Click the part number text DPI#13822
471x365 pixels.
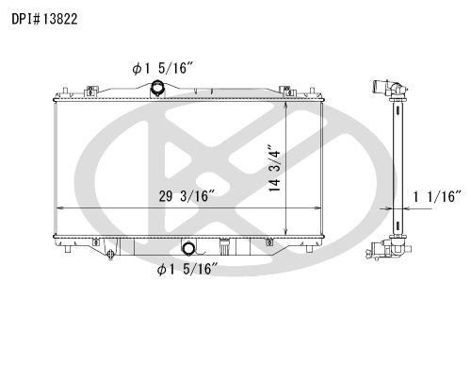tap(44, 19)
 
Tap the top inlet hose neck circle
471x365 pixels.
tap(157, 87)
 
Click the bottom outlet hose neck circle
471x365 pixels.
tap(188, 249)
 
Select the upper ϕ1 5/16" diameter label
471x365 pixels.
tap(162, 68)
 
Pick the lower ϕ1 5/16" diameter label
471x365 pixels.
tap(187, 269)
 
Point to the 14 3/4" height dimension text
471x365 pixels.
tap(274, 168)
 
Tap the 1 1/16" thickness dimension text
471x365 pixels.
tap(437, 197)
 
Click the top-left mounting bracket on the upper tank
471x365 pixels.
tap(90, 91)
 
